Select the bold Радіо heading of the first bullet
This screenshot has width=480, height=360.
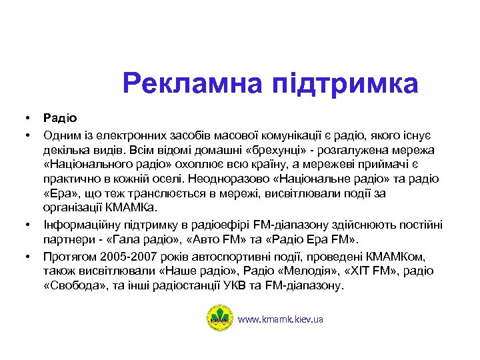(60, 118)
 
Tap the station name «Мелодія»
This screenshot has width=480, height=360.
(296, 271)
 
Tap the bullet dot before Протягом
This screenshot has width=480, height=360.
(27, 256)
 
